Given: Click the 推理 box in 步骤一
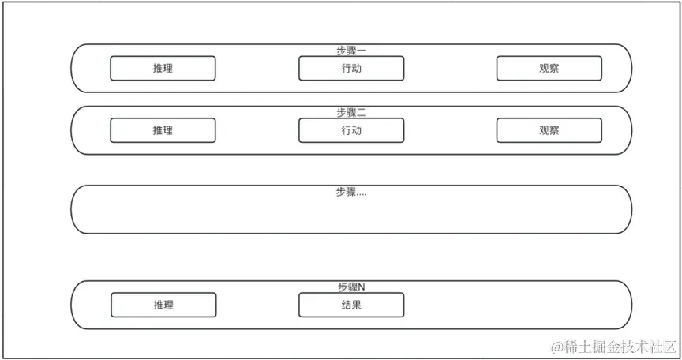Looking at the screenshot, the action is coord(163,69).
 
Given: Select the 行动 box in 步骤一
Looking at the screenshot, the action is coord(351,69).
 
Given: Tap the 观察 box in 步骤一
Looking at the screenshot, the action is coord(549,69).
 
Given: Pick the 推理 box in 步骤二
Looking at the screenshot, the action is coord(163,130).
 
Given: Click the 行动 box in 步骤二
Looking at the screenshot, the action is coord(351,130).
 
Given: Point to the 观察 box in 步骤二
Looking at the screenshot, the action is coord(549,130).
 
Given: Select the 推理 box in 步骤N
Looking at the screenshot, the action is coord(163,305).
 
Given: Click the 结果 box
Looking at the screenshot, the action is coord(351,305).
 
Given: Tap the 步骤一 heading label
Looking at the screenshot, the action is coord(351,51).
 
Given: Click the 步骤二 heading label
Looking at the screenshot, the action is coord(351,112).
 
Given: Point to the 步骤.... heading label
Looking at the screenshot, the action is coord(351,192).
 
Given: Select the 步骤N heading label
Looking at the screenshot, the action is coord(351,287).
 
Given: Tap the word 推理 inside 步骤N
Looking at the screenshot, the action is coord(163,305).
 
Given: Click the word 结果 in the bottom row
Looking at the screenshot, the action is coord(351,305).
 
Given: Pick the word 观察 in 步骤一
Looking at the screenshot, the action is coord(549,69).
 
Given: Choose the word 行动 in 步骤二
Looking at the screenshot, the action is coord(351,130).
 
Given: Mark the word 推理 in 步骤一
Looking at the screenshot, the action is coord(163,69).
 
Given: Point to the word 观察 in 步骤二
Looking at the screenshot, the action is coord(549,130).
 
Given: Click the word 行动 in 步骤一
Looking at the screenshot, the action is coord(351,69).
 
